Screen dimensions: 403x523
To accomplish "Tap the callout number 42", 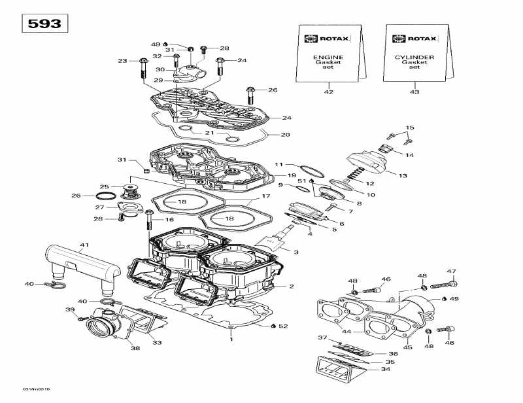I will click(328, 92).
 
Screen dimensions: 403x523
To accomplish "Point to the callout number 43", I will click(414, 92).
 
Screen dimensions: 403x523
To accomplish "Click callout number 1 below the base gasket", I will click(230, 340).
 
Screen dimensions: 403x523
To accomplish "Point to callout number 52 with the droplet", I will click(283, 326).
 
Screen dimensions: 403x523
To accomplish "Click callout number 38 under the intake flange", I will click(135, 348).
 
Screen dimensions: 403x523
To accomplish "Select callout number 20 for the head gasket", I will click(285, 135).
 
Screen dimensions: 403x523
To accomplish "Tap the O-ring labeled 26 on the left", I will click(105, 196).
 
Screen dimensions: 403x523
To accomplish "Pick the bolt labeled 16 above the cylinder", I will click(150, 224).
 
